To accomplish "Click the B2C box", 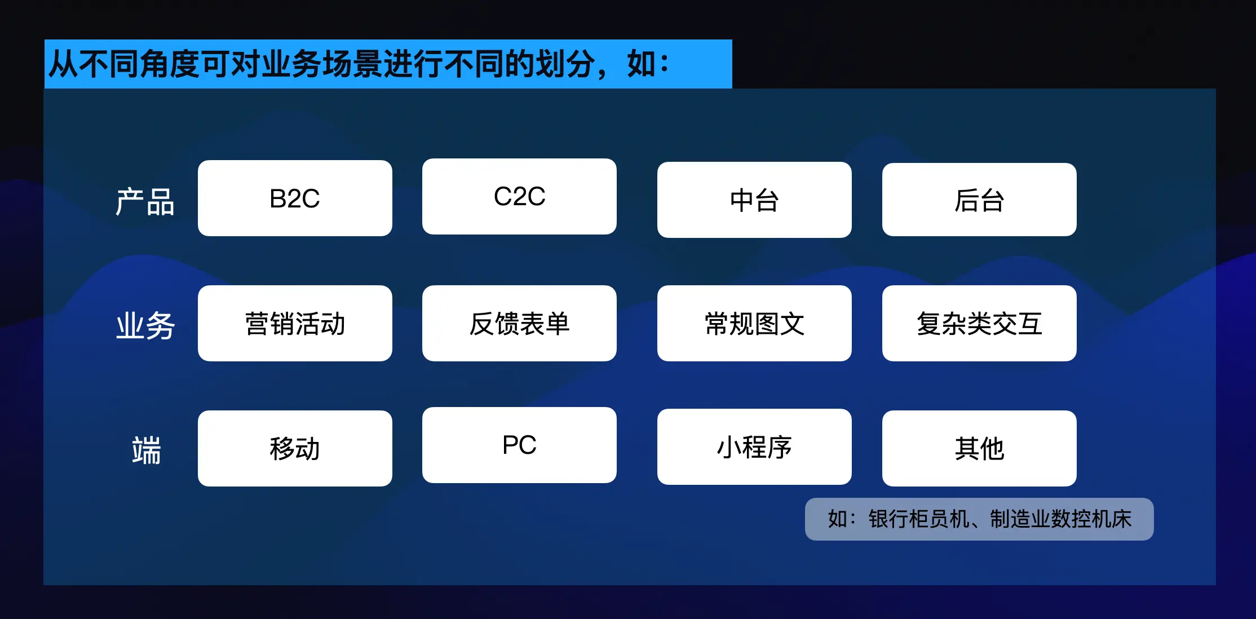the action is (x=295, y=198).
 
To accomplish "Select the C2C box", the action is (x=519, y=196).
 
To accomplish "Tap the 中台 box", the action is (x=754, y=200).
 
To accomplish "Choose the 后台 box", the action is (x=979, y=200).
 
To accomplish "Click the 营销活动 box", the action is (x=295, y=323).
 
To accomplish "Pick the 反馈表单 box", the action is (x=519, y=323).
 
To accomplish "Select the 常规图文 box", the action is (x=754, y=323).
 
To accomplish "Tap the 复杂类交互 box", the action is (x=979, y=323).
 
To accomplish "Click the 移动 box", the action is (x=295, y=448).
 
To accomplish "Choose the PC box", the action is (x=519, y=445).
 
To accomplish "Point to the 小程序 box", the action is (x=754, y=446).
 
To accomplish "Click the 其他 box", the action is (x=979, y=448).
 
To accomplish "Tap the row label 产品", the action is (x=145, y=202).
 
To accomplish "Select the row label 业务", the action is (x=145, y=326).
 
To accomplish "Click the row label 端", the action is (x=146, y=450).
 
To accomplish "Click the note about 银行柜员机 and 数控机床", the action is (x=979, y=519).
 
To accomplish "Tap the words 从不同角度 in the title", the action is (x=124, y=64).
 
